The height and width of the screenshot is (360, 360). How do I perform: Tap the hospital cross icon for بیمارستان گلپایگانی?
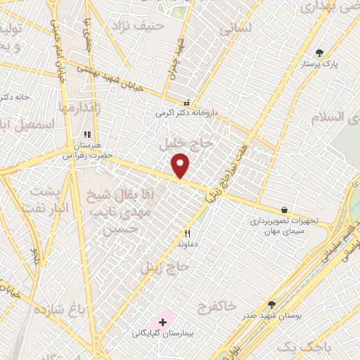[163, 322]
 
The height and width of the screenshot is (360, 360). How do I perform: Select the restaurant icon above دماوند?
[187, 234]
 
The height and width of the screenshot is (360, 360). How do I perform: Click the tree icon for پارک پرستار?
[319, 53]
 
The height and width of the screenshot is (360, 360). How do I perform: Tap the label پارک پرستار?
[320, 64]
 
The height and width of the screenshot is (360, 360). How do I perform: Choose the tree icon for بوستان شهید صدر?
[272, 304]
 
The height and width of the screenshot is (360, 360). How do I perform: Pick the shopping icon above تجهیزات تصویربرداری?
[284, 210]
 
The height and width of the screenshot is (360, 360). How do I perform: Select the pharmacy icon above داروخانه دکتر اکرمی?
[186, 103]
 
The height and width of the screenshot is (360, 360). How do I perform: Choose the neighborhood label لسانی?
[235, 30]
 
